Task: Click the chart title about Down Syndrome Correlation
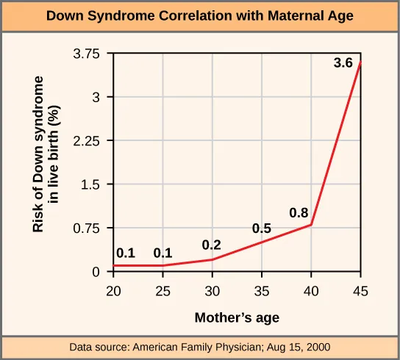click(199, 16)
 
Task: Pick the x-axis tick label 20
click(113, 291)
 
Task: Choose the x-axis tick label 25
click(162, 291)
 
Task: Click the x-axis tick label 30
click(213, 291)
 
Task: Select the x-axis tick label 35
click(262, 291)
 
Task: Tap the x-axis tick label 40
click(312, 291)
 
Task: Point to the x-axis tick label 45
click(361, 291)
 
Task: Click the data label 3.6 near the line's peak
click(343, 64)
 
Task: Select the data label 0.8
click(298, 213)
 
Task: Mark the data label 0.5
click(262, 229)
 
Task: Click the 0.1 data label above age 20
click(126, 253)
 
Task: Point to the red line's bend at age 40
click(312, 225)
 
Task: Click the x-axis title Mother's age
click(237, 318)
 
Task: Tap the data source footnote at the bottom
click(199, 346)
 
